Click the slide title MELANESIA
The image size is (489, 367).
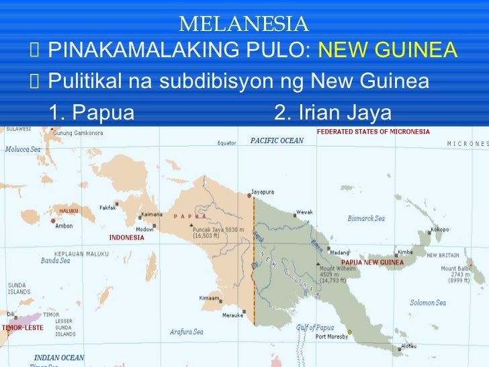(244, 25)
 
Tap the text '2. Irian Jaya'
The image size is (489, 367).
(332, 112)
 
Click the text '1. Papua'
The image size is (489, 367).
(92, 112)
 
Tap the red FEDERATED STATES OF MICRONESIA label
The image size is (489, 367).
(373, 132)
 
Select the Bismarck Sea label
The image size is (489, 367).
(366, 218)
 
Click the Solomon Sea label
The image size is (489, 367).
(428, 302)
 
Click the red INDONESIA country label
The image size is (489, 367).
(126, 237)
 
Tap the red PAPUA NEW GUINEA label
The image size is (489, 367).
(373, 262)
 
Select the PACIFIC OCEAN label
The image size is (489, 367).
(277, 140)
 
